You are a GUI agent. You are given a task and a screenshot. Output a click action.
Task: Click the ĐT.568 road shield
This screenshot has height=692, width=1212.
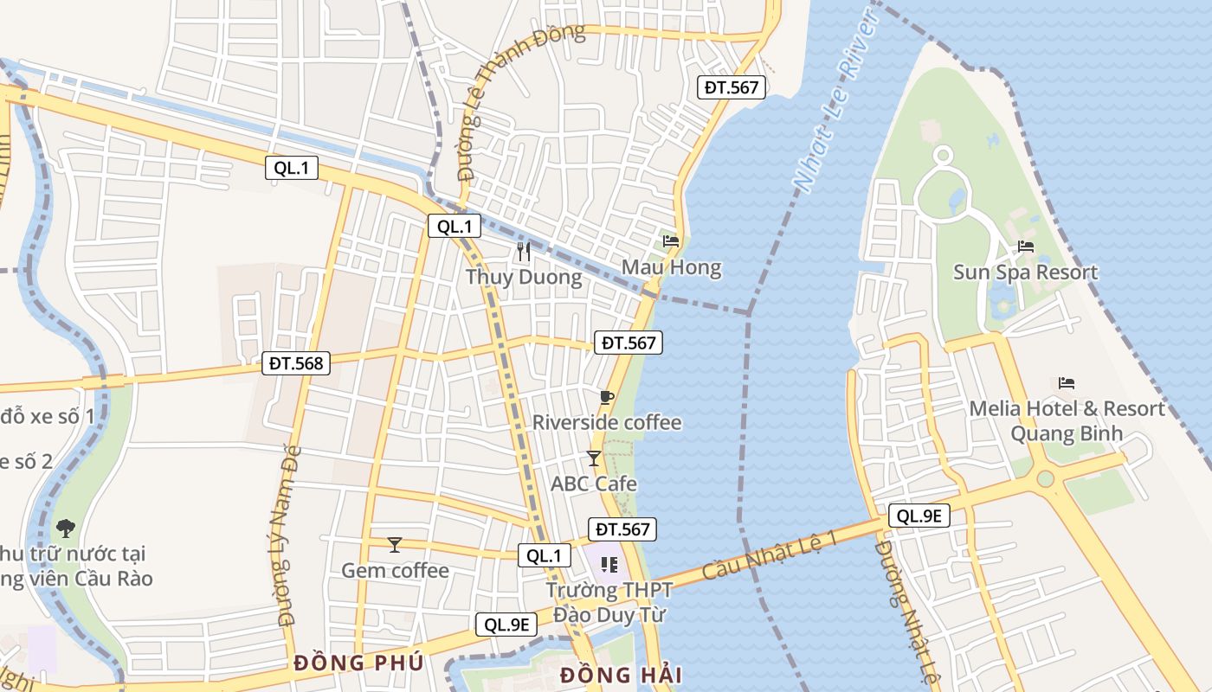click(x=296, y=363)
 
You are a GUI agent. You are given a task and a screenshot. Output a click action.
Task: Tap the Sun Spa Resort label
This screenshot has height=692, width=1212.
click(x=1025, y=272)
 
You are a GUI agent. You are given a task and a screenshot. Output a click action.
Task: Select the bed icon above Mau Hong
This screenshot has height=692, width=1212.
click(x=671, y=241)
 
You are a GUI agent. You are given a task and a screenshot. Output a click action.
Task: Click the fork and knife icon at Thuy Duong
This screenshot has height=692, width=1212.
click(x=523, y=252)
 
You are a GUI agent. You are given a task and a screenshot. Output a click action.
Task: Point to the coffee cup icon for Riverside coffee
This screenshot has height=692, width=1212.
click(x=606, y=397)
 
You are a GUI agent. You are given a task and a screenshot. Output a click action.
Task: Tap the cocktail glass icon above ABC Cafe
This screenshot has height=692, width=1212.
click(x=594, y=458)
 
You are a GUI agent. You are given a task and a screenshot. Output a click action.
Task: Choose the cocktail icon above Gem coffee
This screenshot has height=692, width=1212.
click(x=395, y=544)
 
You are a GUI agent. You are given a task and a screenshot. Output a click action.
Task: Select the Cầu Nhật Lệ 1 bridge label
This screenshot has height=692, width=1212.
click(x=770, y=554)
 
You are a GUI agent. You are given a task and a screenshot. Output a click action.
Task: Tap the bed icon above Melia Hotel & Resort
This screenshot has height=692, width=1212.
click(x=1067, y=382)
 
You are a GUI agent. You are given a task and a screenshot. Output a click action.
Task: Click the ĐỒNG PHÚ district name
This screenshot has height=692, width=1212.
click(x=358, y=663)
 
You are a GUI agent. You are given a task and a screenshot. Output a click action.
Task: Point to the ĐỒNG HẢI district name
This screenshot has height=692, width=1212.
click(x=621, y=675)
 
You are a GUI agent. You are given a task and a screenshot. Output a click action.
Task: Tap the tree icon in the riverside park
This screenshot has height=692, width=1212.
click(x=65, y=527)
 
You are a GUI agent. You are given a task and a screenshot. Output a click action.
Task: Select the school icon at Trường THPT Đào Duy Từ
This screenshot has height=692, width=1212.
click(x=609, y=565)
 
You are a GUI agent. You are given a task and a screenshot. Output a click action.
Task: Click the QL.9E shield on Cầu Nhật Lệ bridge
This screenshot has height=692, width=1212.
click(x=919, y=516)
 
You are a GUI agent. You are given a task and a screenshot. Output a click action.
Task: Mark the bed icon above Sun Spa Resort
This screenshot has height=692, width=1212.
click(x=1026, y=247)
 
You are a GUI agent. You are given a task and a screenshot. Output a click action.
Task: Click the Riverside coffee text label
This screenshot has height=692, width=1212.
click(x=607, y=423)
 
